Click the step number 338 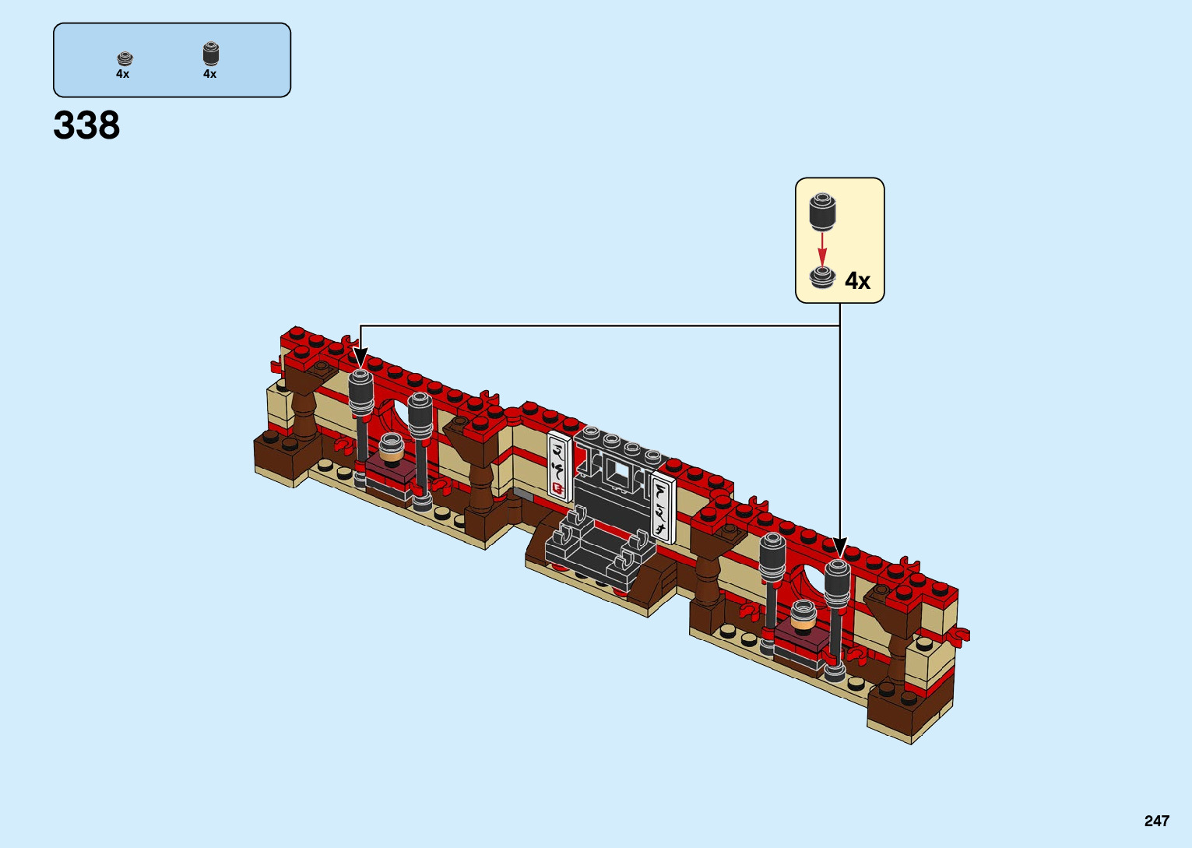point(86,125)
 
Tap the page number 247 point(1157,821)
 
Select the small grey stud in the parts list point(125,58)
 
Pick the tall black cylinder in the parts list point(211,54)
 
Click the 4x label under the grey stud point(122,74)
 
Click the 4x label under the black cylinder point(209,74)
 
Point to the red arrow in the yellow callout point(822,250)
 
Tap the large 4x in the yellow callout point(857,280)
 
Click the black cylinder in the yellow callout point(822,212)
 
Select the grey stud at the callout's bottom point(822,278)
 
